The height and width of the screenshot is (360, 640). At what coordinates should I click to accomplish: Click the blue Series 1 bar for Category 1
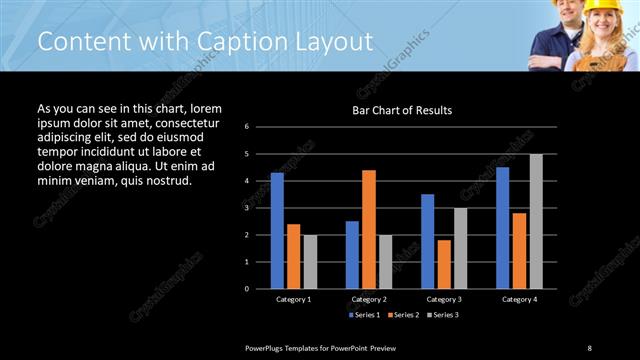click(277, 230)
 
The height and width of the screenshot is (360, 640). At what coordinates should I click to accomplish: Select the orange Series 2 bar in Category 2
click(368, 229)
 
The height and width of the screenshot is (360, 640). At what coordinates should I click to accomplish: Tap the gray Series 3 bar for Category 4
click(536, 221)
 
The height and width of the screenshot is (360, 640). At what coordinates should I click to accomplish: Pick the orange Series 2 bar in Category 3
click(444, 264)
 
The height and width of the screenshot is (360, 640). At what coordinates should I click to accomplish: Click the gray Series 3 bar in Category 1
click(310, 261)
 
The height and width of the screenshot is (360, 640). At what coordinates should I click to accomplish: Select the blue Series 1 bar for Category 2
click(352, 254)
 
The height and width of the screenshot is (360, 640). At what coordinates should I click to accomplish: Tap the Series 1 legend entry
click(362, 315)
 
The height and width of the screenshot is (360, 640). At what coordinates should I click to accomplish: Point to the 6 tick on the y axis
click(260, 127)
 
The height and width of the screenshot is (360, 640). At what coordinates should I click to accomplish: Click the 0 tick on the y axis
click(260, 289)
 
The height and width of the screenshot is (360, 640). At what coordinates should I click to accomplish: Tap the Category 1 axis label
click(294, 299)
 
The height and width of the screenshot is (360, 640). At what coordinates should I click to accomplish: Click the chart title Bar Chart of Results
click(402, 110)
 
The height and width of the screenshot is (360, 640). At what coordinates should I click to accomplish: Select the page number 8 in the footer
click(590, 347)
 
